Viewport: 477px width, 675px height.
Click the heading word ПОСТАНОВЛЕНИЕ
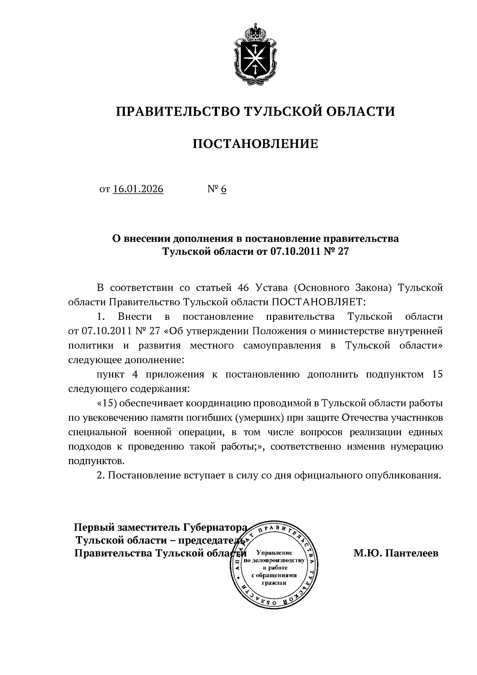pyautogui.click(x=256, y=144)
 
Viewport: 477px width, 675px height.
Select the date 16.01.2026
pyautogui.click(x=138, y=189)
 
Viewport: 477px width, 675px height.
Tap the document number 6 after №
pyautogui.click(x=223, y=189)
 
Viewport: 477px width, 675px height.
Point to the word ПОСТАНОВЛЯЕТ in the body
pyautogui.click(x=318, y=302)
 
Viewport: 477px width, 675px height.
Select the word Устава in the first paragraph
pyautogui.click(x=270, y=288)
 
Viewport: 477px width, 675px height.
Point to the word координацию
pyautogui.click(x=214, y=403)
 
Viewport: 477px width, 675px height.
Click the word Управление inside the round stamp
pyautogui.click(x=274, y=553)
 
